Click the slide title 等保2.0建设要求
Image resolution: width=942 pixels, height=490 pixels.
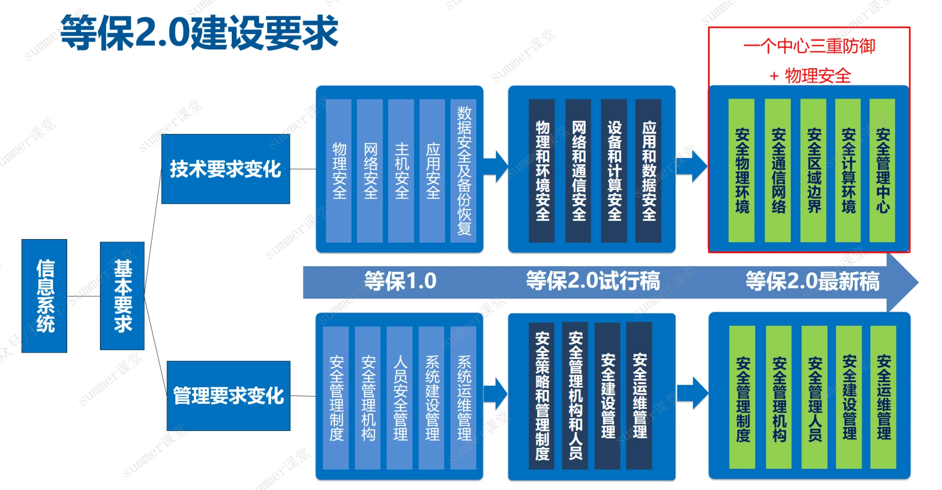[199, 33]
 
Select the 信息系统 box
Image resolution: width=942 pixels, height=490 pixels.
[45, 296]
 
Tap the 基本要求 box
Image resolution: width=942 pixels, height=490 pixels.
[123, 296]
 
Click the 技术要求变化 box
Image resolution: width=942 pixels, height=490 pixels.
[226, 169]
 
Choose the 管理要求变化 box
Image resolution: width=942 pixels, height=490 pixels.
[228, 396]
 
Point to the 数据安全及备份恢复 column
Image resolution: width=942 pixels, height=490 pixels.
[464, 170]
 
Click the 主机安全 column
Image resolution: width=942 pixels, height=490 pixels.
[401, 170]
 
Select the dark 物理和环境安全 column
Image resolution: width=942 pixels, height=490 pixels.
[542, 170]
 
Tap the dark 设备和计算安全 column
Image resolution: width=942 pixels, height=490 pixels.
[614, 170]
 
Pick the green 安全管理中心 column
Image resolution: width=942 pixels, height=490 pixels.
[883, 170]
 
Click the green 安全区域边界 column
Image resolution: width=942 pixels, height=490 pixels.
[814, 170]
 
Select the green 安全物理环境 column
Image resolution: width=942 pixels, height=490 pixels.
[742, 170]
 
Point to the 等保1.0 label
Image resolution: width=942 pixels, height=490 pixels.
[400, 281]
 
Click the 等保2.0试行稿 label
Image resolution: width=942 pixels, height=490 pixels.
[593, 281]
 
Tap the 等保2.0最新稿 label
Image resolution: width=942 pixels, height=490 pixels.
[812, 281]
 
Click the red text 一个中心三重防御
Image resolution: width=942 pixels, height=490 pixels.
[809, 47]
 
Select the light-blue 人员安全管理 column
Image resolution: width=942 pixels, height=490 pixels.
[400, 398]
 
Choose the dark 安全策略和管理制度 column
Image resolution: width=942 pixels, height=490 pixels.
[542, 396]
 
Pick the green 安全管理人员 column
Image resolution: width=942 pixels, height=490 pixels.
[815, 398]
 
